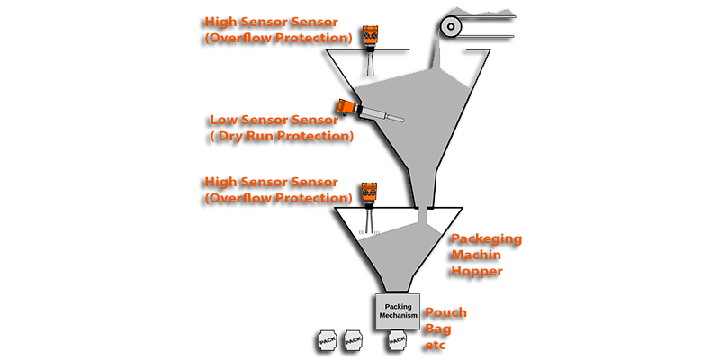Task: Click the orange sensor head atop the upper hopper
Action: [367, 35]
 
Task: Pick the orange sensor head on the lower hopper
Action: [368, 193]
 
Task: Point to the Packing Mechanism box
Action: [397, 311]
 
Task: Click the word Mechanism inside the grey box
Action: [397, 317]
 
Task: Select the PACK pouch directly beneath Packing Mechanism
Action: [397, 341]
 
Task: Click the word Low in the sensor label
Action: [225, 119]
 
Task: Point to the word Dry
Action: [246, 137]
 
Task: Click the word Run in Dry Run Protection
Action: [280, 137]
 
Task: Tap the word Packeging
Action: [485, 238]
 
